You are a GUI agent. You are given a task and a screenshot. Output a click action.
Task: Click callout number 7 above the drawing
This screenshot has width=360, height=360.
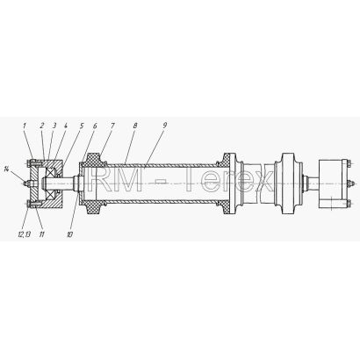click(112, 126)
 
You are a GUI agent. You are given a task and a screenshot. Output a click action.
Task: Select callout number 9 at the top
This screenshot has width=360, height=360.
click(165, 126)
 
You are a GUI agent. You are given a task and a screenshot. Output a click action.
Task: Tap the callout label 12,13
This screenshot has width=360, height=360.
click(25, 234)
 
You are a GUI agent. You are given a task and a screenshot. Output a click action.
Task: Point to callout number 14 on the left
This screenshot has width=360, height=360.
click(7, 169)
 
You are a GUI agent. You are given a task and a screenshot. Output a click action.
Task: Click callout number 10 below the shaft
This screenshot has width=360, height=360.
click(69, 234)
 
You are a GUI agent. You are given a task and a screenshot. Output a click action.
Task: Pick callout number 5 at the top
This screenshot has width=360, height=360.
click(82, 126)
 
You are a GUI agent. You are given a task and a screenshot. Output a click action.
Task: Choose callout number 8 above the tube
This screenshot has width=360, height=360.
click(135, 126)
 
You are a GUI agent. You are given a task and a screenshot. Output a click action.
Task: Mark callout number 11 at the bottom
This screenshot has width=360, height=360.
click(42, 234)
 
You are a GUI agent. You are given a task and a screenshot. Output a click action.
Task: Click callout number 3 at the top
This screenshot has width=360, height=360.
click(54, 126)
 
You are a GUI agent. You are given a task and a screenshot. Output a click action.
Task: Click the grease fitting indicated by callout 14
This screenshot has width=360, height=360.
click(26, 184)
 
